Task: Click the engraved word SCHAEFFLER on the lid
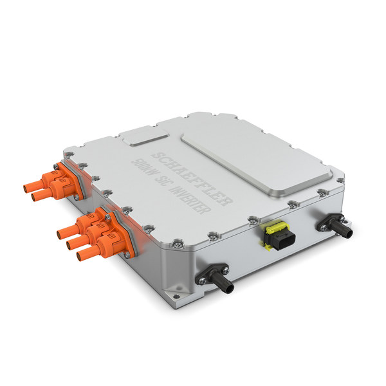[x=192, y=179]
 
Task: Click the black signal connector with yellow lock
[x=279, y=236]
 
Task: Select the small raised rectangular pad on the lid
[x=143, y=136]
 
